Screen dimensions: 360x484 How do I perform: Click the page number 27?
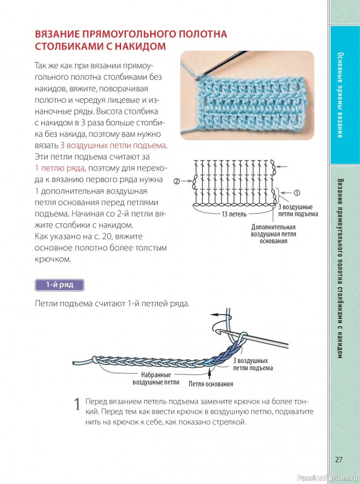[x=339, y=460]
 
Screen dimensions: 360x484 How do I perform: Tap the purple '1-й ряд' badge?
[x=59, y=285]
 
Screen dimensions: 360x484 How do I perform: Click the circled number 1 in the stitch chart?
[x=296, y=192]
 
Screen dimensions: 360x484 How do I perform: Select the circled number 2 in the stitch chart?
[x=177, y=181]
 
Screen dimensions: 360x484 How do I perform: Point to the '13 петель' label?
[x=234, y=214]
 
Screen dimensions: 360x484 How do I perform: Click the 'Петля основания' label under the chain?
[x=211, y=384]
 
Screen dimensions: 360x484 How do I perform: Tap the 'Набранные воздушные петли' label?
[x=156, y=379]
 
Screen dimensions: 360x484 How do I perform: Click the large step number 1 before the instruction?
[x=77, y=404]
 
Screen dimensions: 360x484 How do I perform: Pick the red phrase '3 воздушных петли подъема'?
[x=113, y=145]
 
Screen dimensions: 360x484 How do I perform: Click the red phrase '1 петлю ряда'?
[x=59, y=168]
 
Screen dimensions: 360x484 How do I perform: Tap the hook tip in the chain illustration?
[x=219, y=331]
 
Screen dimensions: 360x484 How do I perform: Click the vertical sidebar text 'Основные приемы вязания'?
[x=340, y=95]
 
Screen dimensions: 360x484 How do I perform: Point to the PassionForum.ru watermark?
[x=327, y=478]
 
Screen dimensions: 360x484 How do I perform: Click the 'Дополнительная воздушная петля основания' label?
[x=273, y=234]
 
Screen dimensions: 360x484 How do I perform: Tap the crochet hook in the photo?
[x=221, y=64]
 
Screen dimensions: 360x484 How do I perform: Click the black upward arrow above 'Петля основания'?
[x=209, y=373]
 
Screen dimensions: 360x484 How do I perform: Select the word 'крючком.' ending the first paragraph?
[x=53, y=260]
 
